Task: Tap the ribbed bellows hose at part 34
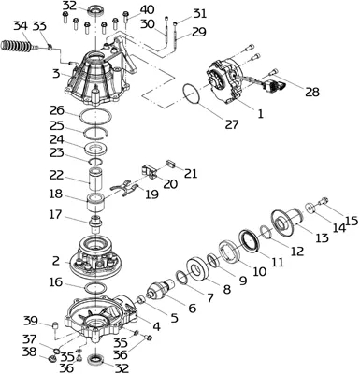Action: click(x=16, y=47)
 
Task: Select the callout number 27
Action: click(x=231, y=124)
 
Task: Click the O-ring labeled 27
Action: click(x=193, y=93)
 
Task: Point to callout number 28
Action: click(x=311, y=92)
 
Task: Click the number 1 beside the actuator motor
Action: click(x=260, y=114)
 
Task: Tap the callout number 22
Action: click(x=56, y=175)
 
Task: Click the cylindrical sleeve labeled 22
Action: click(x=95, y=179)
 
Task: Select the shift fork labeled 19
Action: click(x=124, y=188)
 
